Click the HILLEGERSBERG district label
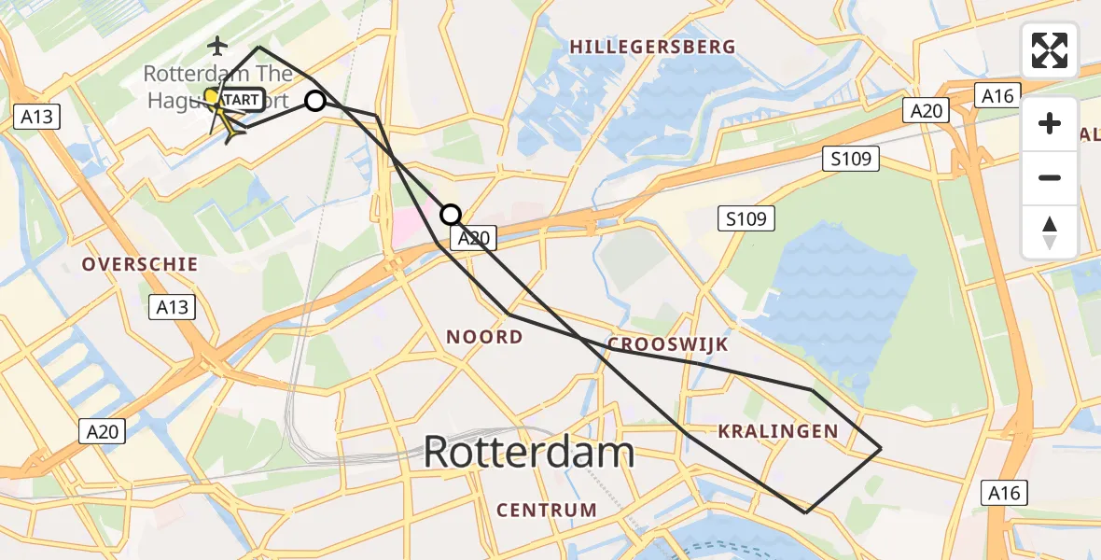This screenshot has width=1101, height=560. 652,47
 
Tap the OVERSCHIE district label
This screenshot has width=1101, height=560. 140,264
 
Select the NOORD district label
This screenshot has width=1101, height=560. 484,337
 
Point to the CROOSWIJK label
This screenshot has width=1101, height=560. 667,344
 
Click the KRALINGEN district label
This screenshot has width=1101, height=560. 778,430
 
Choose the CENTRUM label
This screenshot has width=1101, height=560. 547,511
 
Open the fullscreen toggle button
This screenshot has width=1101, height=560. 1050,50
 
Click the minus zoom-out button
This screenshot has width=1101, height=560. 1050,177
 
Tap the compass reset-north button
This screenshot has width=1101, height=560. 1050,231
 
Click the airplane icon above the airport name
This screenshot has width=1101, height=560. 218,45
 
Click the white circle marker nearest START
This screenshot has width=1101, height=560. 315,101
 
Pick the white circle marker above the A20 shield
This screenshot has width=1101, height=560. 451,215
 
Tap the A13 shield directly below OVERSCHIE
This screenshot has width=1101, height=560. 172,306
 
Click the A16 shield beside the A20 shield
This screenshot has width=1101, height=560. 997,94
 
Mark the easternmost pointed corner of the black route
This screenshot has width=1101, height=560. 881,449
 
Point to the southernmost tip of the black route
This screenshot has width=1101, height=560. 806,512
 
